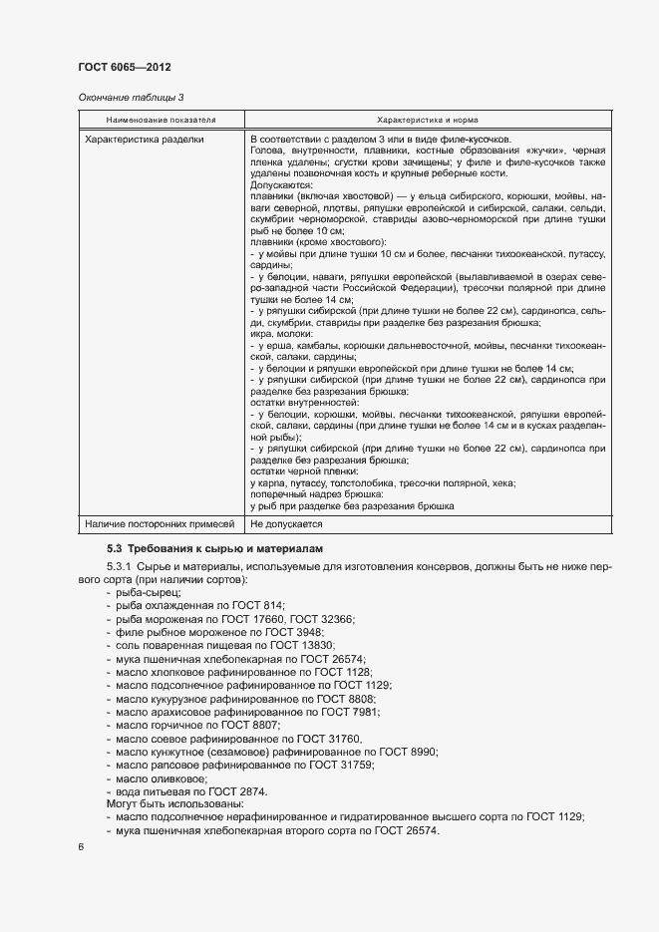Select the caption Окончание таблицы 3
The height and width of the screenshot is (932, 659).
click(131, 98)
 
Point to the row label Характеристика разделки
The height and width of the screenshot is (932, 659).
click(145, 140)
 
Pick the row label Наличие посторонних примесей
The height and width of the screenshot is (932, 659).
click(159, 522)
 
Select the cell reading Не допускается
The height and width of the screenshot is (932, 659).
click(286, 522)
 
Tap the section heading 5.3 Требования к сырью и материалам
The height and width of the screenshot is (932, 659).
click(219, 549)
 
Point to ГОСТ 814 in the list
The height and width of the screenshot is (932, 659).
click(261, 606)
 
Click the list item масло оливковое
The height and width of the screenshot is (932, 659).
click(162, 777)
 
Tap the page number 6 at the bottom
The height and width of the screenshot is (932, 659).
click(82, 846)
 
